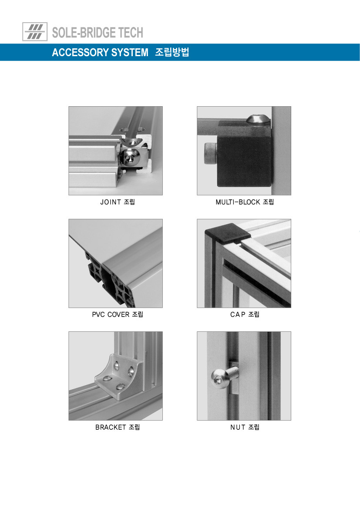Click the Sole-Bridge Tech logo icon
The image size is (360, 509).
click(x=35, y=31)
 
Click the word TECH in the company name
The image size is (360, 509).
click(x=131, y=33)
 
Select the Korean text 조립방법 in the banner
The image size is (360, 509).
click(x=172, y=52)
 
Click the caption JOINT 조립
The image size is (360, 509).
click(x=118, y=202)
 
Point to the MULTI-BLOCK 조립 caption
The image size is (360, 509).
click(x=245, y=202)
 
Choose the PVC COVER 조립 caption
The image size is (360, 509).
click(x=118, y=314)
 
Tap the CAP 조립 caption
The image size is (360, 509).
click(x=245, y=314)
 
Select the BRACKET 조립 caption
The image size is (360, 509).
click(x=118, y=427)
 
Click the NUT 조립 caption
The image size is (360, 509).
click(x=245, y=427)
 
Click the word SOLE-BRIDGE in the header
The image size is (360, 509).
click(x=84, y=33)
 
